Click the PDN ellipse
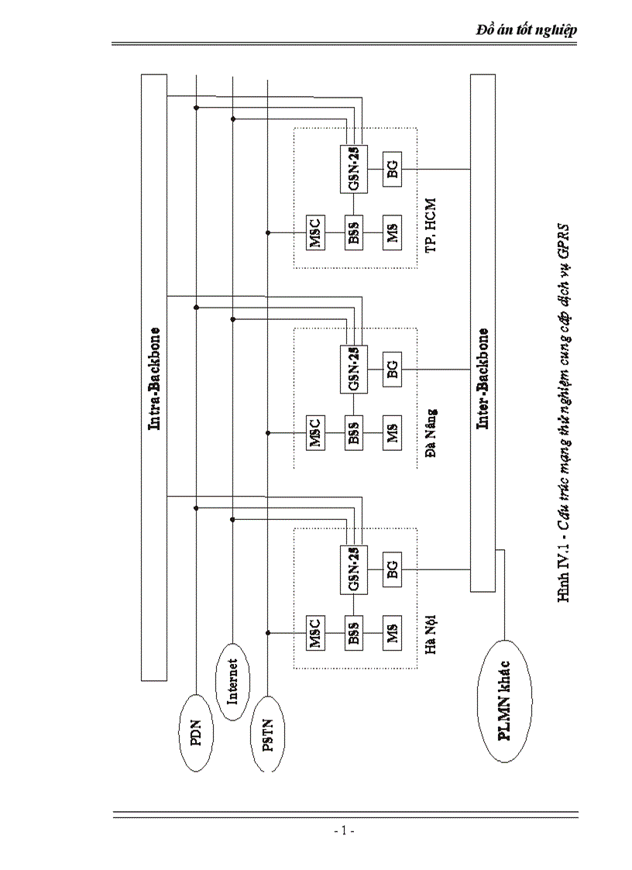[197, 732]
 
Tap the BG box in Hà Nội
[393, 571]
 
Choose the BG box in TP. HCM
[393, 167]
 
